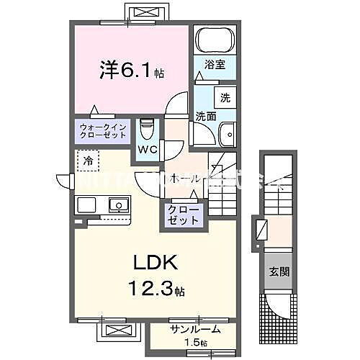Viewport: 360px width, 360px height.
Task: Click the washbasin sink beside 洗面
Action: point(228,133)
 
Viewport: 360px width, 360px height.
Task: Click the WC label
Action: point(148,150)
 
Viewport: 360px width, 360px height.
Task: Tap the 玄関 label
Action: point(277,271)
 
